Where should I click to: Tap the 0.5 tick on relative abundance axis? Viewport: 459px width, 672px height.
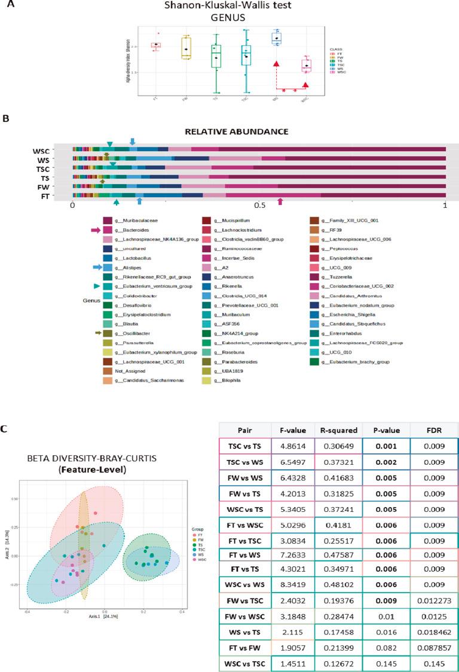pos(259,205)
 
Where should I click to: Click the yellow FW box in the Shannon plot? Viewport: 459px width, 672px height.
pos(187,48)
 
